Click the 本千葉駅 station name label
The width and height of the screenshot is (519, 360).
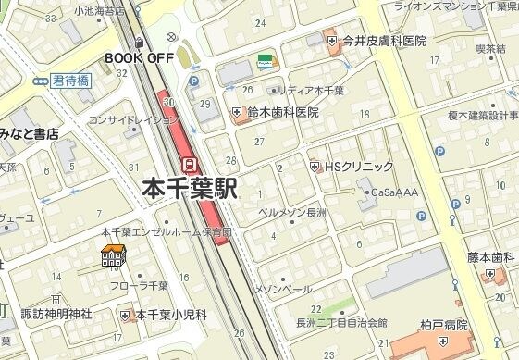pyautogui.click(x=190, y=190)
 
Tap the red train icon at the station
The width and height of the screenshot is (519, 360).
pyautogui.click(x=190, y=164)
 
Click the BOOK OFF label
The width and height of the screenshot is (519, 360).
pyautogui.click(x=140, y=57)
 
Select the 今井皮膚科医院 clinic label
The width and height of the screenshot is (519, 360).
pyautogui.click(x=383, y=41)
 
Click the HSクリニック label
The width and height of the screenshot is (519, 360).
pyautogui.click(x=357, y=167)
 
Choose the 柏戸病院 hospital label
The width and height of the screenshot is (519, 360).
pyautogui.click(x=443, y=326)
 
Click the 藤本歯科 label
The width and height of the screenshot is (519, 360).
pyautogui.click(x=489, y=257)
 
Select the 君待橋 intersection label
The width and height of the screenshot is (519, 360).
pyautogui.click(x=70, y=81)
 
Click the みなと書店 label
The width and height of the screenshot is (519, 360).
pyautogui.click(x=30, y=134)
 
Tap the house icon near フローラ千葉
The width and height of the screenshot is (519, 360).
pyautogui.click(x=113, y=256)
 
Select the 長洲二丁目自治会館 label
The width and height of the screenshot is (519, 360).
pyautogui.click(x=341, y=323)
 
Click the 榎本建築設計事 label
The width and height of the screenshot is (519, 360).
pyautogui.click(x=482, y=116)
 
